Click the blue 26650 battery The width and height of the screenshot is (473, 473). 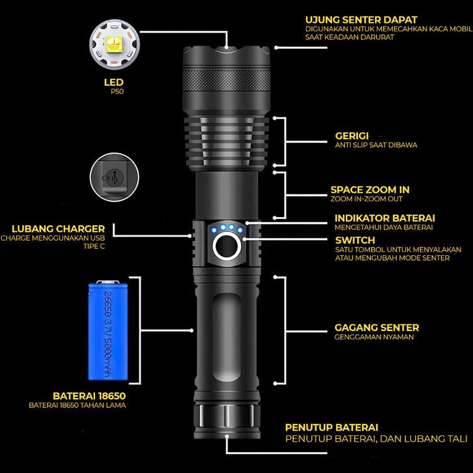108,330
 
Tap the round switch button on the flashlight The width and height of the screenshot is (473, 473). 227,246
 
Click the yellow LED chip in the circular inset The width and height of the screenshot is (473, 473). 114,44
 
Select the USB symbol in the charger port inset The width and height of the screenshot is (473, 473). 114,177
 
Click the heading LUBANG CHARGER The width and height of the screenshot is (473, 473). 58,229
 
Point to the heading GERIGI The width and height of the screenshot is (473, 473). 352,136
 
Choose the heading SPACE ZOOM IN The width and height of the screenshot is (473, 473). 370,190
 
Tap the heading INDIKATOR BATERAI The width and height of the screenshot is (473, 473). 384,218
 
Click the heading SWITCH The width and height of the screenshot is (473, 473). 355,240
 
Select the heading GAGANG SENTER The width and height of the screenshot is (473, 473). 377,328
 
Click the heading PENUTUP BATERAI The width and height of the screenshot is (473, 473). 332,427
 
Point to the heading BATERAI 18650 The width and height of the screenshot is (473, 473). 89,395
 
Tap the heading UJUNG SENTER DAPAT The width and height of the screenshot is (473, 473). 361,20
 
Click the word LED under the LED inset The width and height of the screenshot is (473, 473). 114,82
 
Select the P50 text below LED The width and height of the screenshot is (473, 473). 117,91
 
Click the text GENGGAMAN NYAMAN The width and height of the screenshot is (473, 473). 374,337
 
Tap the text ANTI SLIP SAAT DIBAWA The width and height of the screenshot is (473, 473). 376,145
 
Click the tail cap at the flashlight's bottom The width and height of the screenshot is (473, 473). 227,421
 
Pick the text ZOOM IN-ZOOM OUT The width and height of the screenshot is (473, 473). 367,199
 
